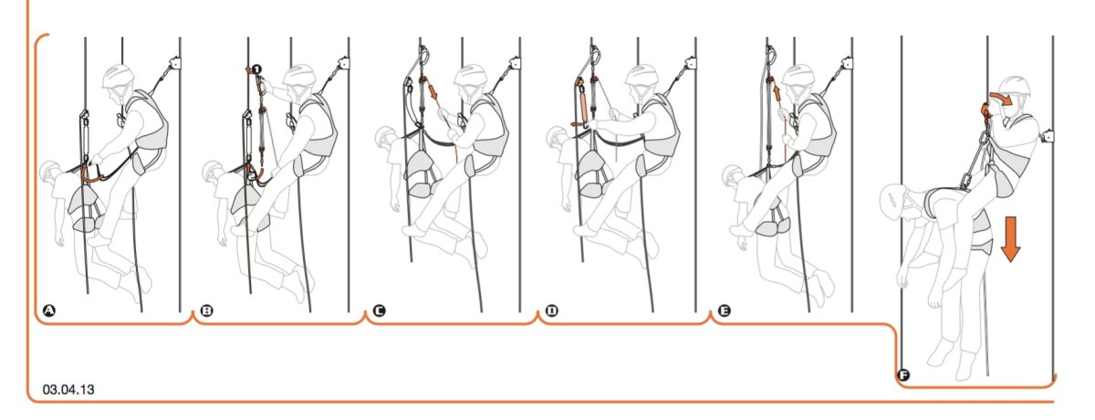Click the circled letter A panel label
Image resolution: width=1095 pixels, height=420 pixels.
[x=49, y=310]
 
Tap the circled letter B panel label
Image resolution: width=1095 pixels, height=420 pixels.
[x=207, y=310]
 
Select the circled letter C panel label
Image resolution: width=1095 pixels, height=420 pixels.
[x=379, y=310]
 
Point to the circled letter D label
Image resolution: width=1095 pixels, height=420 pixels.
[x=551, y=310]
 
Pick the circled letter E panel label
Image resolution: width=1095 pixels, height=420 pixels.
[x=724, y=310]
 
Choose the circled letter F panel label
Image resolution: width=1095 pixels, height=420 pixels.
[x=903, y=375]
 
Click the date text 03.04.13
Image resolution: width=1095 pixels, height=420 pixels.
[x=68, y=390]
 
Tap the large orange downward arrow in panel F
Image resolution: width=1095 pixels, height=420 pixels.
[x=1010, y=239]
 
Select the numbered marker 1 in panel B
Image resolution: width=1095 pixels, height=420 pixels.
[x=257, y=69]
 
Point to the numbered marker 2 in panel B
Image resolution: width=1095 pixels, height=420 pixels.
[x=251, y=175]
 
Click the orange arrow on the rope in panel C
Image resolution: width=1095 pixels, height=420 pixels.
[x=433, y=91]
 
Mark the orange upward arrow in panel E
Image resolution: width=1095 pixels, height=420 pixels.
[x=777, y=92]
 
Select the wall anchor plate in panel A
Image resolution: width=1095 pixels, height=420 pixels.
[x=174, y=64]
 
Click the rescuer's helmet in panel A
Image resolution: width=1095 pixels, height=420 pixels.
[x=119, y=75]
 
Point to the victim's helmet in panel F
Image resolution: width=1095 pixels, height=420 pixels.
[x=892, y=199]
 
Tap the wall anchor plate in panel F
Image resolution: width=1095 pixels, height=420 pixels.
[x=1048, y=136]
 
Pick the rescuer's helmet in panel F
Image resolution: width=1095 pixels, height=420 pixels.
[x=1016, y=87]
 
